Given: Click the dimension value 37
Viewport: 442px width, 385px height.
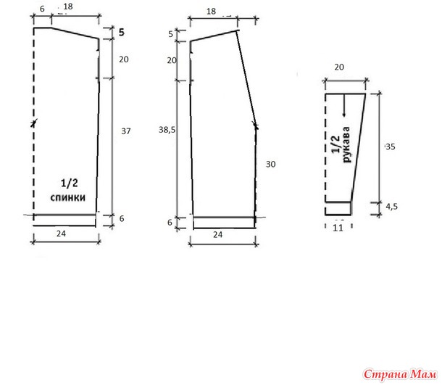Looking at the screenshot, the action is coord(126,131).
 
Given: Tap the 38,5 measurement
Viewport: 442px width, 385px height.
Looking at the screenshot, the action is coord(167,130).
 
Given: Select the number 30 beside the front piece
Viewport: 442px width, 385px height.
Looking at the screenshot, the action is coord(270,164).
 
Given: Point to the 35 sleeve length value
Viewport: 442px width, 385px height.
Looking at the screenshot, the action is coord(391,146).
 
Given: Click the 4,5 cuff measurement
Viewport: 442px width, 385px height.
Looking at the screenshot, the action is coord(392,207).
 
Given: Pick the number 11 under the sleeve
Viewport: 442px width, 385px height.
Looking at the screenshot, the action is coord(338,228).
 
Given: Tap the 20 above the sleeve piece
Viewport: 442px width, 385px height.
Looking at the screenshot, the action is coord(339,67).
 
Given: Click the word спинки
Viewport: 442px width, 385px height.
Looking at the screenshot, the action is coord(68,197).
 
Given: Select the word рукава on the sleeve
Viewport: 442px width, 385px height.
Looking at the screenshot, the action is coord(346,145).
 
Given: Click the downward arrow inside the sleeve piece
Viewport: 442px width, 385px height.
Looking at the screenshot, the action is coord(344,105).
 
